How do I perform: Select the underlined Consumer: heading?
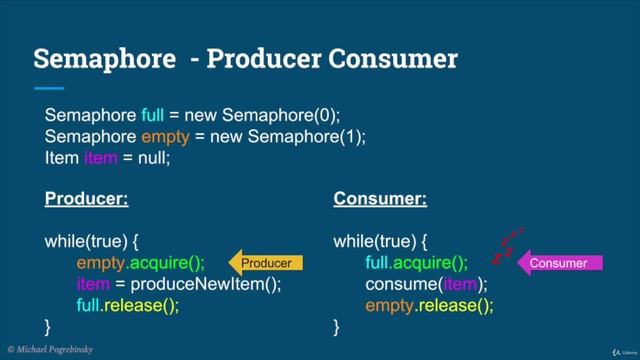379,199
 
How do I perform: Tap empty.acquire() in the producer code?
140,263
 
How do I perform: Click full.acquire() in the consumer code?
416,263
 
